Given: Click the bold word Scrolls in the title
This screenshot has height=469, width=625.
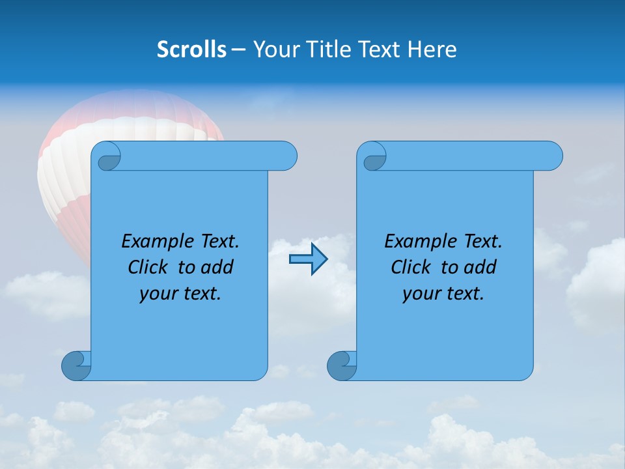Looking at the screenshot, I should pos(191,50).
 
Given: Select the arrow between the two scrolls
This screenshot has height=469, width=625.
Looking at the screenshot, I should pos(308,259).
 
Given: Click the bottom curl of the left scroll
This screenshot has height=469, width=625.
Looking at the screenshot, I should pos(76,365).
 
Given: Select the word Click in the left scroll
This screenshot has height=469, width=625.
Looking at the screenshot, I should pos(150,267).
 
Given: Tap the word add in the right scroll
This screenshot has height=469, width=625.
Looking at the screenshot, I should pos(480,267).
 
